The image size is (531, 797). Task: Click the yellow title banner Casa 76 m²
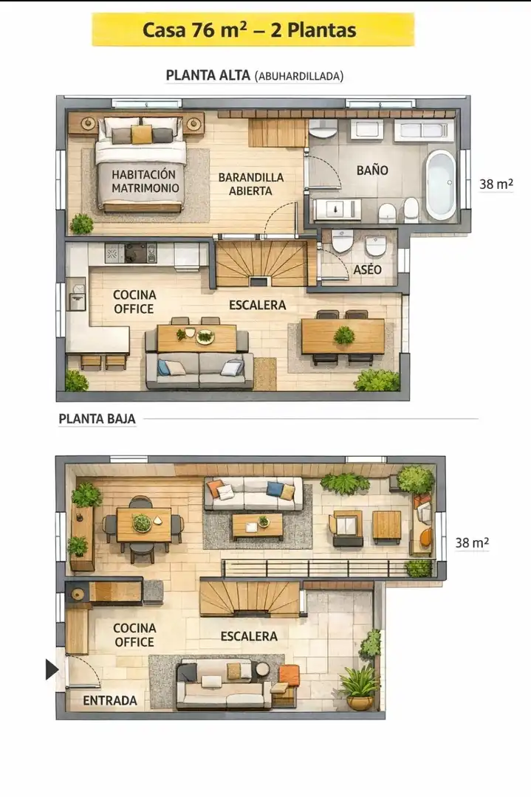coord(253,30)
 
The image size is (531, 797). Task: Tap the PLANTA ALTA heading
coord(208,75)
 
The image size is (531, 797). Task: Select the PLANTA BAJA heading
coord(97,419)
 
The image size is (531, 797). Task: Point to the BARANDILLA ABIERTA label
coord(251,184)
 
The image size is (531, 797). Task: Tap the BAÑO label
coord(372,170)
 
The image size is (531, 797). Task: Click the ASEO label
coord(367,269)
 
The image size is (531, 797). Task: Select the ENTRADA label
coord(110,700)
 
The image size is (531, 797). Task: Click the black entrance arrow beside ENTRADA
coord(52,669)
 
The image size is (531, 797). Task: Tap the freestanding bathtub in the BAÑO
coord(440,184)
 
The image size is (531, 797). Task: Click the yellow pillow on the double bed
coord(142,134)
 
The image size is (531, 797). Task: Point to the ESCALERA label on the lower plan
coord(249,636)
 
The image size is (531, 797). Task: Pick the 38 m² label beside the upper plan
coord(496,184)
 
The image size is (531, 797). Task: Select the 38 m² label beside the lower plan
coord(472,542)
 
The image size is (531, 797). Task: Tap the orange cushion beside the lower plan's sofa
coord(289,675)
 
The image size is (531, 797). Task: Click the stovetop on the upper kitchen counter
coord(137,252)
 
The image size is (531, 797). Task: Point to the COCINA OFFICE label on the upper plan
coord(134,302)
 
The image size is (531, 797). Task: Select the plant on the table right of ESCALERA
coord(344,335)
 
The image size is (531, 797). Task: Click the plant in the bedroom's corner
coord(81,224)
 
